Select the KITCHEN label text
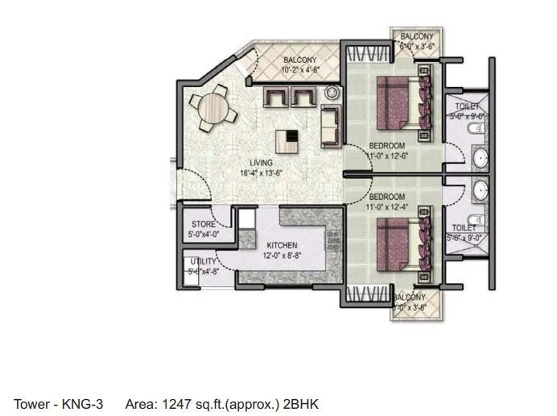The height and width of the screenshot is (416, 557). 260,245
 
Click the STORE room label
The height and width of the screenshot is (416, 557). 203,224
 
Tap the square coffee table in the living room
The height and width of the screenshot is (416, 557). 287,140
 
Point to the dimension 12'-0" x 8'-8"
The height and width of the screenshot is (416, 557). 261,255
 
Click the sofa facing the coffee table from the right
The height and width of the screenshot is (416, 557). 328,125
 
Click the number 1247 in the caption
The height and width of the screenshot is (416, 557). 174,403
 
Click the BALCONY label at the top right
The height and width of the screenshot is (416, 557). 417,37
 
